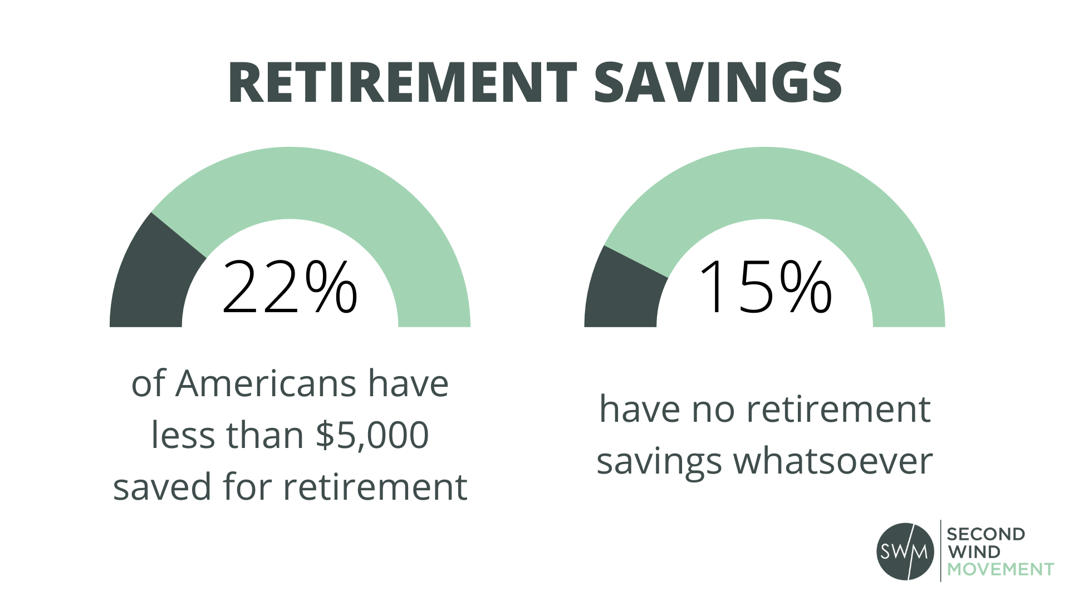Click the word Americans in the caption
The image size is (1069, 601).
click(x=266, y=384)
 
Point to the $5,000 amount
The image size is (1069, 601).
click(x=372, y=435)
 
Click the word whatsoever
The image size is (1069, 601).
click(x=833, y=461)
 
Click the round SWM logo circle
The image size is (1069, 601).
click(x=905, y=551)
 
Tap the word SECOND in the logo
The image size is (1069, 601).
click(x=985, y=534)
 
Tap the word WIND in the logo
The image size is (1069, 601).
click(x=974, y=552)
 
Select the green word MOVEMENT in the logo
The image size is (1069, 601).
click(x=1001, y=569)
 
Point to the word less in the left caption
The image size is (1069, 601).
click(x=183, y=435)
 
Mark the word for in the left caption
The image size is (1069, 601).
click(x=248, y=487)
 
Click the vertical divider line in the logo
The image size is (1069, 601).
click(x=941, y=551)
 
